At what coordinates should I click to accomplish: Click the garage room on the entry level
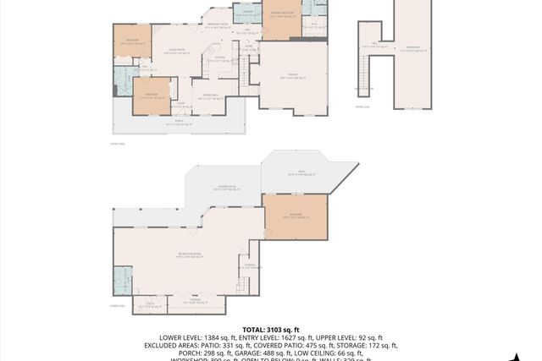click(x=292, y=76)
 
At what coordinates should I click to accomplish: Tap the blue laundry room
click(x=246, y=12)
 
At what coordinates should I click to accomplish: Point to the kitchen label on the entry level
click(x=218, y=58)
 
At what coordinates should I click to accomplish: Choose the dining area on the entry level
click(x=208, y=96)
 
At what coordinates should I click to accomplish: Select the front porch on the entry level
click(x=178, y=123)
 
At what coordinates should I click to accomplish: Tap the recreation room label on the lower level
click(x=189, y=254)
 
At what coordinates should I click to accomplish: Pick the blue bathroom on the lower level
click(x=123, y=279)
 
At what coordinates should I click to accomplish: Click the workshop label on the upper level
click(x=412, y=47)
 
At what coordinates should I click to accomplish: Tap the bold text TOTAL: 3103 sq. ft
click(x=270, y=329)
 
